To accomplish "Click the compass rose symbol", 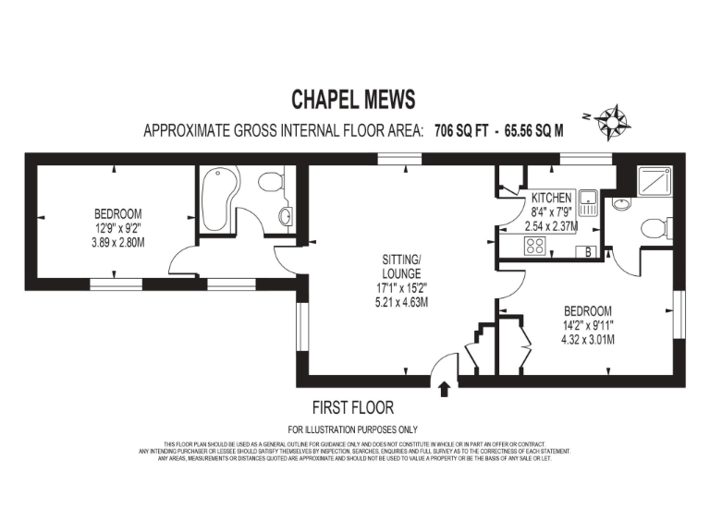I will pyautogui.click(x=611, y=120).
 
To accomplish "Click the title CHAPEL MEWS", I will pyautogui.click(x=354, y=99).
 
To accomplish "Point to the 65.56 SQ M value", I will pyautogui.click(x=532, y=130).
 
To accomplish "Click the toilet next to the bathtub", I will pyautogui.click(x=271, y=183).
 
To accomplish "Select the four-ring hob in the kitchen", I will pyautogui.click(x=534, y=245).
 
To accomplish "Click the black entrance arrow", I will pyautogui.click(x=445, y=389).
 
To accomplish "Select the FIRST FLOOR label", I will pyautogui.click(x=352, y=407).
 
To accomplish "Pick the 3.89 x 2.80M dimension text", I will pyautogui.click(x=117, y=242).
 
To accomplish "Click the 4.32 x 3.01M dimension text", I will pyautogui.click(x=587, y=338).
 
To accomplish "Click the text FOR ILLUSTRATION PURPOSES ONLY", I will pyautogui.click(x=352, y=429).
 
